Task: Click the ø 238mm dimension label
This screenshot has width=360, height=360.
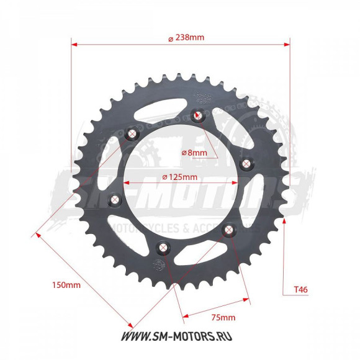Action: point(186,37)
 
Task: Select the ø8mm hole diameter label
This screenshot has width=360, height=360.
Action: point(194,152)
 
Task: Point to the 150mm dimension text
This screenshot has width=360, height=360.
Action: point(65,286)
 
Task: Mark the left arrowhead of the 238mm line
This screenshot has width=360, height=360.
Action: point(74,44)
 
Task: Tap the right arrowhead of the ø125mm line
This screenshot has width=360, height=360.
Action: point(238,182)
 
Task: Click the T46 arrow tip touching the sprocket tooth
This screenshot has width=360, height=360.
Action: point(284,220)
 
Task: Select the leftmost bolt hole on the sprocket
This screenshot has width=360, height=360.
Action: point(115,199)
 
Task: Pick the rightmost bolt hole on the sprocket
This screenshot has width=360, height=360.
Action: point(245,163)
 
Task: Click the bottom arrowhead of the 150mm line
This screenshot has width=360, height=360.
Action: point(131,325)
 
